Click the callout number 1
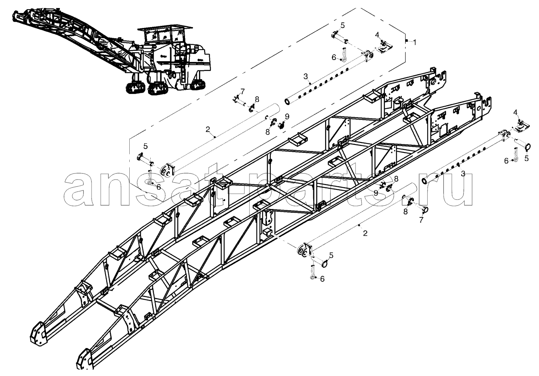pyautogui.click(x=415, y=42)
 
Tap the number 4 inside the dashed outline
pyautogui.click(x=377, y=35)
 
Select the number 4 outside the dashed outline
pyautogui.click(x=515, y=112)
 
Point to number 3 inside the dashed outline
pyautogui.click(x=305, y=76)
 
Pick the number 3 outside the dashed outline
pyautogui.click(x=463, y=173)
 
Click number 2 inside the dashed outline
pyautogui.click(x=208, y=130)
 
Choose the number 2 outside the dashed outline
pyautogui.click(x=365, y=233)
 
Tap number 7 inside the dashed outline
pyautogui.click(x=243, y=92)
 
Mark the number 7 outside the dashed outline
pyautogui.click(x=421, y=220)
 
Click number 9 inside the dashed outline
pyautogui.click(x=287, y=117)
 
